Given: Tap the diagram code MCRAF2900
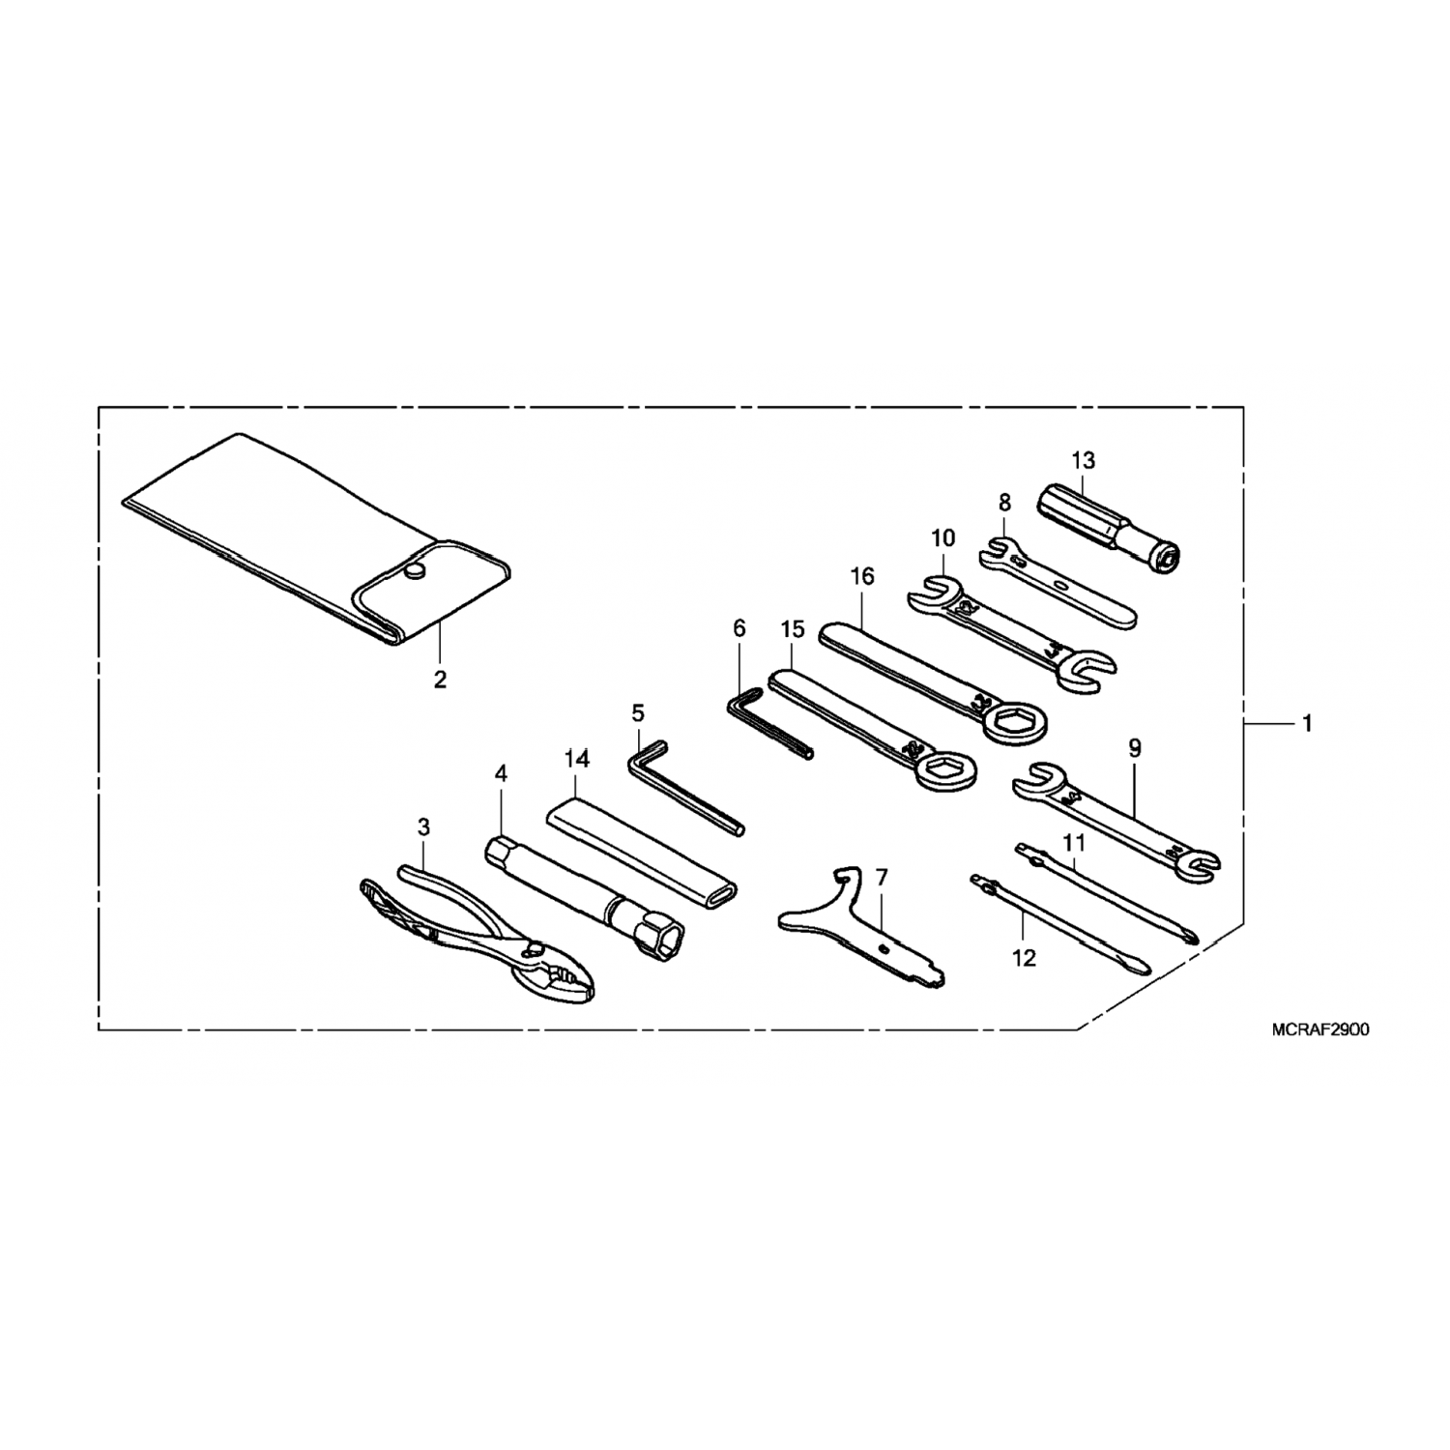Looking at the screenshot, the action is click(x=1320, y=1030).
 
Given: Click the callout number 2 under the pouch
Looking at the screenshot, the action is click(x=440, y=680).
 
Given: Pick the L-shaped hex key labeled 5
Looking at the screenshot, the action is click(x=677, y=783).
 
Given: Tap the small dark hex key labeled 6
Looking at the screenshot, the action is click(x=768, y=720).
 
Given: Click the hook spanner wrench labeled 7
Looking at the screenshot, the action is click(x=851, y=923).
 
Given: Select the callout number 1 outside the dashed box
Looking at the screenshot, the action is click(x=1307, y=723).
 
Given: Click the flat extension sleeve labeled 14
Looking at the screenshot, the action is click(x=638, y=851).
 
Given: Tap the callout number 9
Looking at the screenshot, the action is click(x=1135, y=747).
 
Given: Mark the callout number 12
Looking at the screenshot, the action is click(x=1024, y=958).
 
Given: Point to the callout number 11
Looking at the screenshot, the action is click(x=1074, y=842).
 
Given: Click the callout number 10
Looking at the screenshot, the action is click(x=942, y=537).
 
